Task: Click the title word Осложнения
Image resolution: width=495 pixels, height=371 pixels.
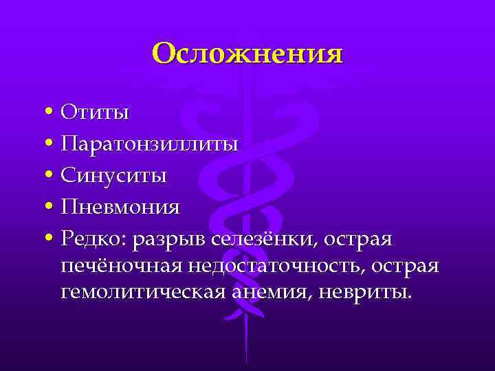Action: coord(247,54)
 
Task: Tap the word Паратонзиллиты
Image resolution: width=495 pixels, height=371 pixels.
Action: coord(150,144)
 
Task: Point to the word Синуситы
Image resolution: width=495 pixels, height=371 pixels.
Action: coord(113,175)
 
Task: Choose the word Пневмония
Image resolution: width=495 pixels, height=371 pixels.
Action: coord(120,207)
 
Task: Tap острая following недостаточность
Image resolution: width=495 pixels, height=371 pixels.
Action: coord(408,267)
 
